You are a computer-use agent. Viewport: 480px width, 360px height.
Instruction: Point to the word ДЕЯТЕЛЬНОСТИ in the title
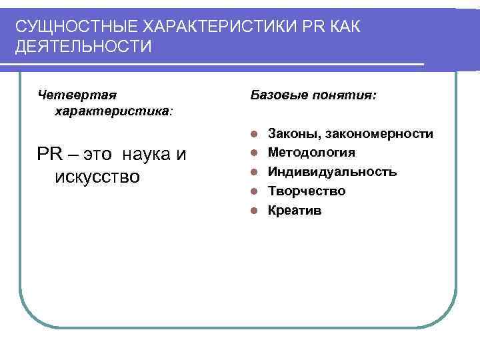pos(84,47)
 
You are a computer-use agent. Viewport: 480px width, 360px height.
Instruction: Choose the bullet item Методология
pos(311,153)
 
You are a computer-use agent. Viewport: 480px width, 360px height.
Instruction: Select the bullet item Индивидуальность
pos(332,172)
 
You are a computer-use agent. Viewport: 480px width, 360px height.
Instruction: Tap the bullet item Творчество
pos(306,191)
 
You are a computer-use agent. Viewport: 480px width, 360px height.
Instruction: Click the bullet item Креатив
pos(294,211)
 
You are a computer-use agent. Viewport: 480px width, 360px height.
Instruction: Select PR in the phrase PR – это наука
pos(49,155)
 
